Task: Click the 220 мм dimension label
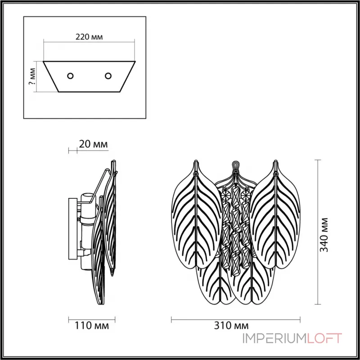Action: coord(89,37)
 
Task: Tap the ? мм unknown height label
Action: coord(32,76)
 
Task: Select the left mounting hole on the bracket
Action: coord(70,76)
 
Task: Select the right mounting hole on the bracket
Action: coord(108,76)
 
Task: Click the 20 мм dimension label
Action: coord(93,144)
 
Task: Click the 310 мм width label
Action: coord(235,325)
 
